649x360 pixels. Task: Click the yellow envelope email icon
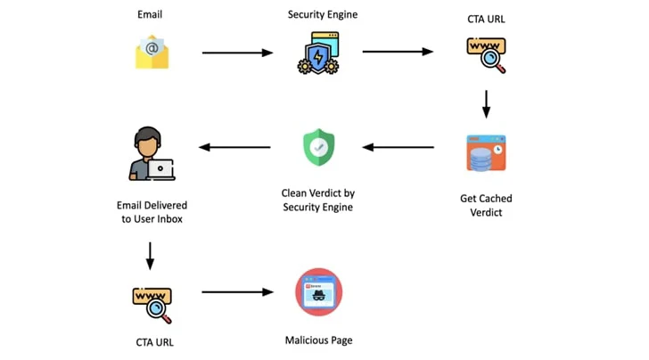[152, 53]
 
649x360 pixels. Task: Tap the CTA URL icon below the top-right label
[487, 53]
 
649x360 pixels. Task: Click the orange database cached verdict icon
[486, 152]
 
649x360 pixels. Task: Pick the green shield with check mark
[318, 147]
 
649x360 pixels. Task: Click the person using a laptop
[151, 152]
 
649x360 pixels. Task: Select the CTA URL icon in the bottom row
[151, 302]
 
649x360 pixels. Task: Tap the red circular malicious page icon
[318, 292]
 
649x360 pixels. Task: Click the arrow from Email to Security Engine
[237, 53]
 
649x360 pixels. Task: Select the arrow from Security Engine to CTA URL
[398, 52]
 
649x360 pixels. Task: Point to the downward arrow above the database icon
[486, 103]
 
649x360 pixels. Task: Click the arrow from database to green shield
[398, 147]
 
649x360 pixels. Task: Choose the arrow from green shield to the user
[234, 147]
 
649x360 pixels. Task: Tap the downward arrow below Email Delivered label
[150, 257]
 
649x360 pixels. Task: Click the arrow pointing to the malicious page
[237, 291]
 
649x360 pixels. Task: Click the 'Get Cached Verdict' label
[486, 205]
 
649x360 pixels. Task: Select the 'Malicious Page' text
[318, 340]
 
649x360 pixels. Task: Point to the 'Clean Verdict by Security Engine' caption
[318, 200]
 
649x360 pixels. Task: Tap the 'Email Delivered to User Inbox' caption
[151, 212]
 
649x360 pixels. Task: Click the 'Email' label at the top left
[151, 15]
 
